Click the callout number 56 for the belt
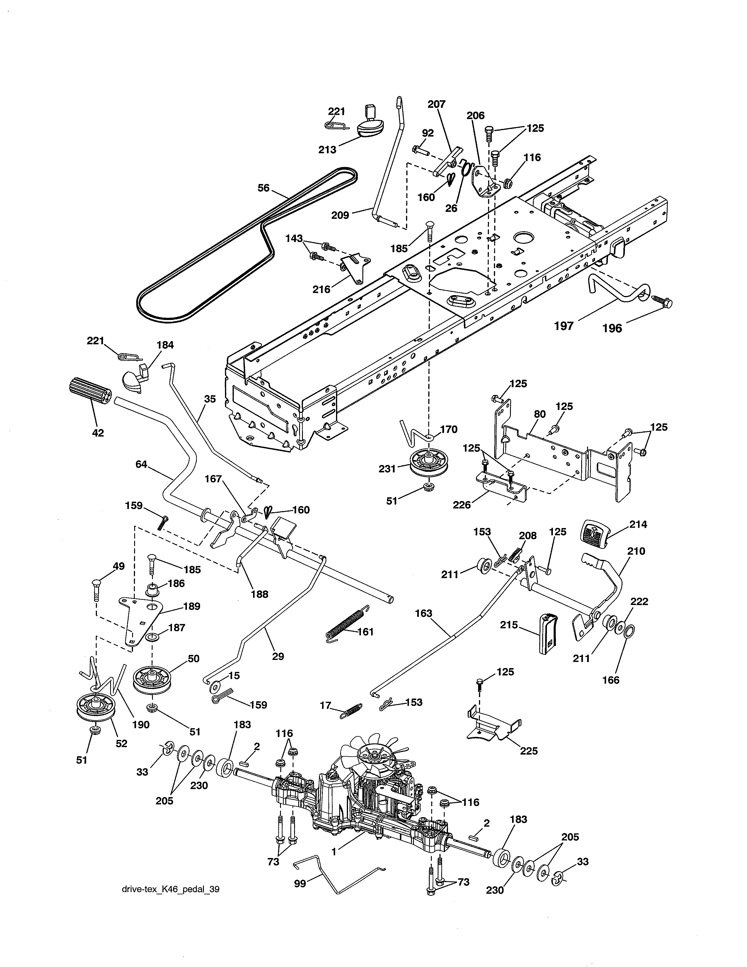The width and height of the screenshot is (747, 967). pyautogui.click(x=263, y=188)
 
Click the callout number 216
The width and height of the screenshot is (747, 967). pyautogui.click(x=321, y=290)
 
